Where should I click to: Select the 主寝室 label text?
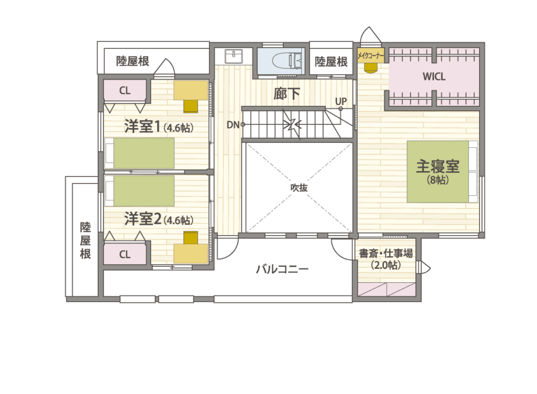coord(438,167)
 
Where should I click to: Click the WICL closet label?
coord(434,76)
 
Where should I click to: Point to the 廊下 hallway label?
coord(287,93)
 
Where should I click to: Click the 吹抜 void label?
coord(299,187)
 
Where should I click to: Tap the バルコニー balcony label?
coord(282,269)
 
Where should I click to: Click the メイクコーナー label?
coord(371,55)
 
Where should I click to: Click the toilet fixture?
coord(287,61)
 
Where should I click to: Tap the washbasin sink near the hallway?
coord(234,56)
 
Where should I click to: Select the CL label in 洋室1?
coord(125,91)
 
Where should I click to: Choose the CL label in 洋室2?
coord(125,254)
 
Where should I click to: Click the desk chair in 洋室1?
coord(191,106)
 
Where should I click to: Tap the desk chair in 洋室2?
coord(191,238)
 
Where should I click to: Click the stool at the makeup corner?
coord(370,68)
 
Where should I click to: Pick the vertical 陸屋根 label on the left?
coord(85,240)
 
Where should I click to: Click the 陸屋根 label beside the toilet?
coord(331,62)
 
